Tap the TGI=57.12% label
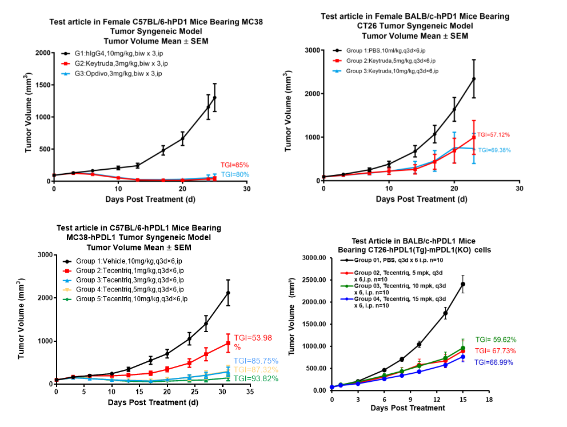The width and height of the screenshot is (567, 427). [493, 135]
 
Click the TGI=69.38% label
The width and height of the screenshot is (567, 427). [495, 150]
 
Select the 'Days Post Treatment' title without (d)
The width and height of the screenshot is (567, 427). [408, 408]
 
